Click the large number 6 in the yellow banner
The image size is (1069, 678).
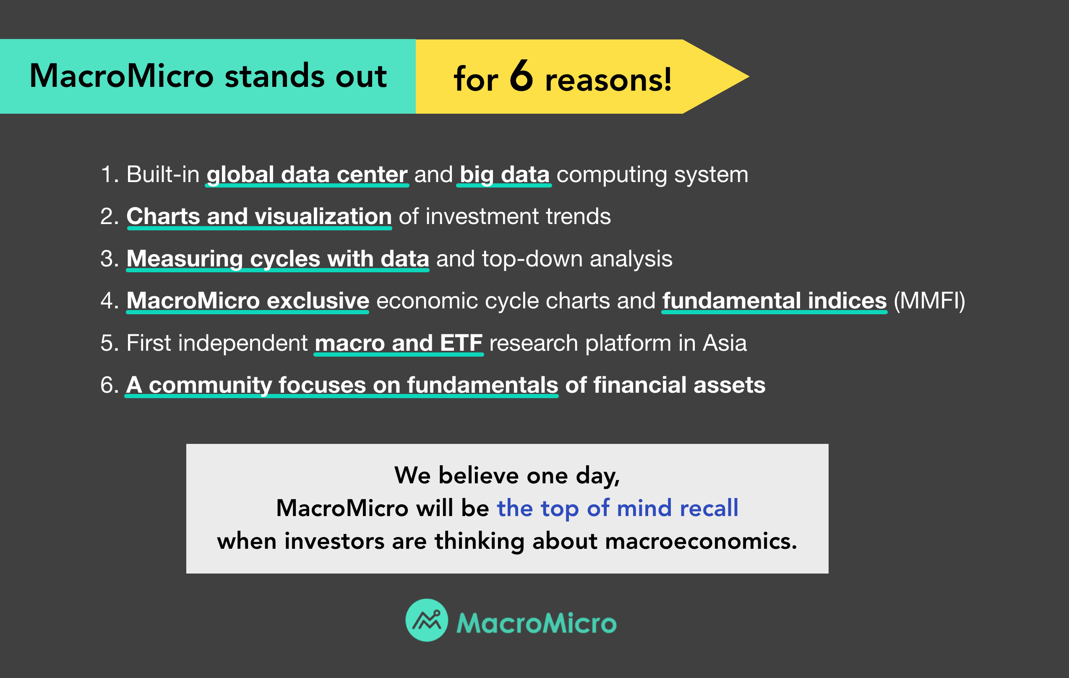click(x=521, y=76)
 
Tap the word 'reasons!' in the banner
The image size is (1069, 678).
click(x=608, y=81)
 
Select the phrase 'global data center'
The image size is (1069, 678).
click(x=307, y=175)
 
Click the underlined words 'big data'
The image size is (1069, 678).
click(x=504, y=175)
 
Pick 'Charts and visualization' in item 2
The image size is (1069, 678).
click(x=259, y=216)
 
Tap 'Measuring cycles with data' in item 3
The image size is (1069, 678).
click(x=277, y=259)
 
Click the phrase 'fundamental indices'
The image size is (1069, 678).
click(x=774, y=301)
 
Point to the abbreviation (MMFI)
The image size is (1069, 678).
click(x=929, y=301)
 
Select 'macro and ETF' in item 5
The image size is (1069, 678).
click(x=398, y=343)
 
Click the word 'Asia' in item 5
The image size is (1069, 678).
click(x=725, y=343)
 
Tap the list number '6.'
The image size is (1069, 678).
click(x=109, y=385)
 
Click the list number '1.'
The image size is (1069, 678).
click(x=110, y=175)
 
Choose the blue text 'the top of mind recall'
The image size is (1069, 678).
click(x=617, y=508)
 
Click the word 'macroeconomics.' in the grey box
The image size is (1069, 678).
click(x=701, y=541)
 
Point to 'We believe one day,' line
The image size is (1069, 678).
click(x=507, y=475)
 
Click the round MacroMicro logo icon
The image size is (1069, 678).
click(x=427, y=620)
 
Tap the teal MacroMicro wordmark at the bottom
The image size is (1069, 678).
click(x=536, y=623)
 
